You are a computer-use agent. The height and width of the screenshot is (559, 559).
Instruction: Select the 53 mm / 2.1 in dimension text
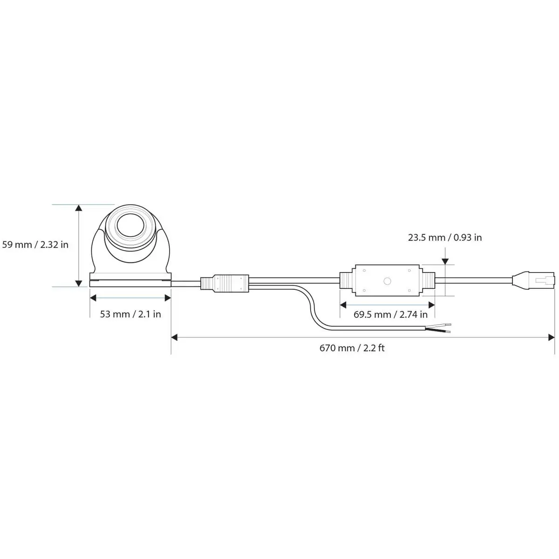pyautogui.click(x=130, y=314)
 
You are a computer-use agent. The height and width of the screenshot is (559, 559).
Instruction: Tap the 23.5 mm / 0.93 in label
pyautogui.click(x=445, y=238)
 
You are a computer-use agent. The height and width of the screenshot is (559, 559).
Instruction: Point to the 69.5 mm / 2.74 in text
pyautogui.click(x=390, y=314)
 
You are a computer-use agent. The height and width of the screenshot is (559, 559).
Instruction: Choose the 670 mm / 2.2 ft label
pyautogui.click(x=352, y=348)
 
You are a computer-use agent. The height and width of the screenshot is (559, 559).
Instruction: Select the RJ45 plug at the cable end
pyautogui.click(x=533, y=280)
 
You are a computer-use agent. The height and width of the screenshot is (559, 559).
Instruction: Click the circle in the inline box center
pyautogui.click(x=387, y=281)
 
